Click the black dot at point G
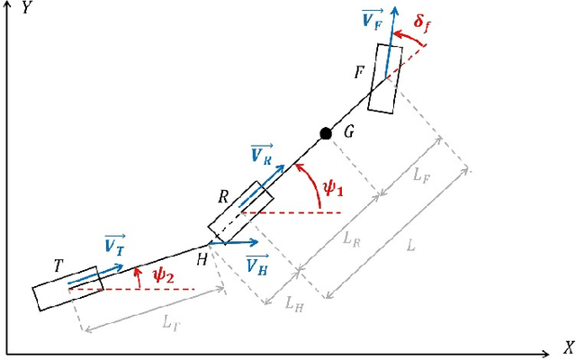(x=326, y=133)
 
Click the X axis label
(x=568, y=346)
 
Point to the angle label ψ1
(x=334, y=189)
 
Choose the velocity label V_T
(x=114, y=244)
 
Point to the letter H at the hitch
(x=202, y=259)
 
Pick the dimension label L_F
(x=422, y=176)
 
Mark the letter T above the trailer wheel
(x=58, y=265)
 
